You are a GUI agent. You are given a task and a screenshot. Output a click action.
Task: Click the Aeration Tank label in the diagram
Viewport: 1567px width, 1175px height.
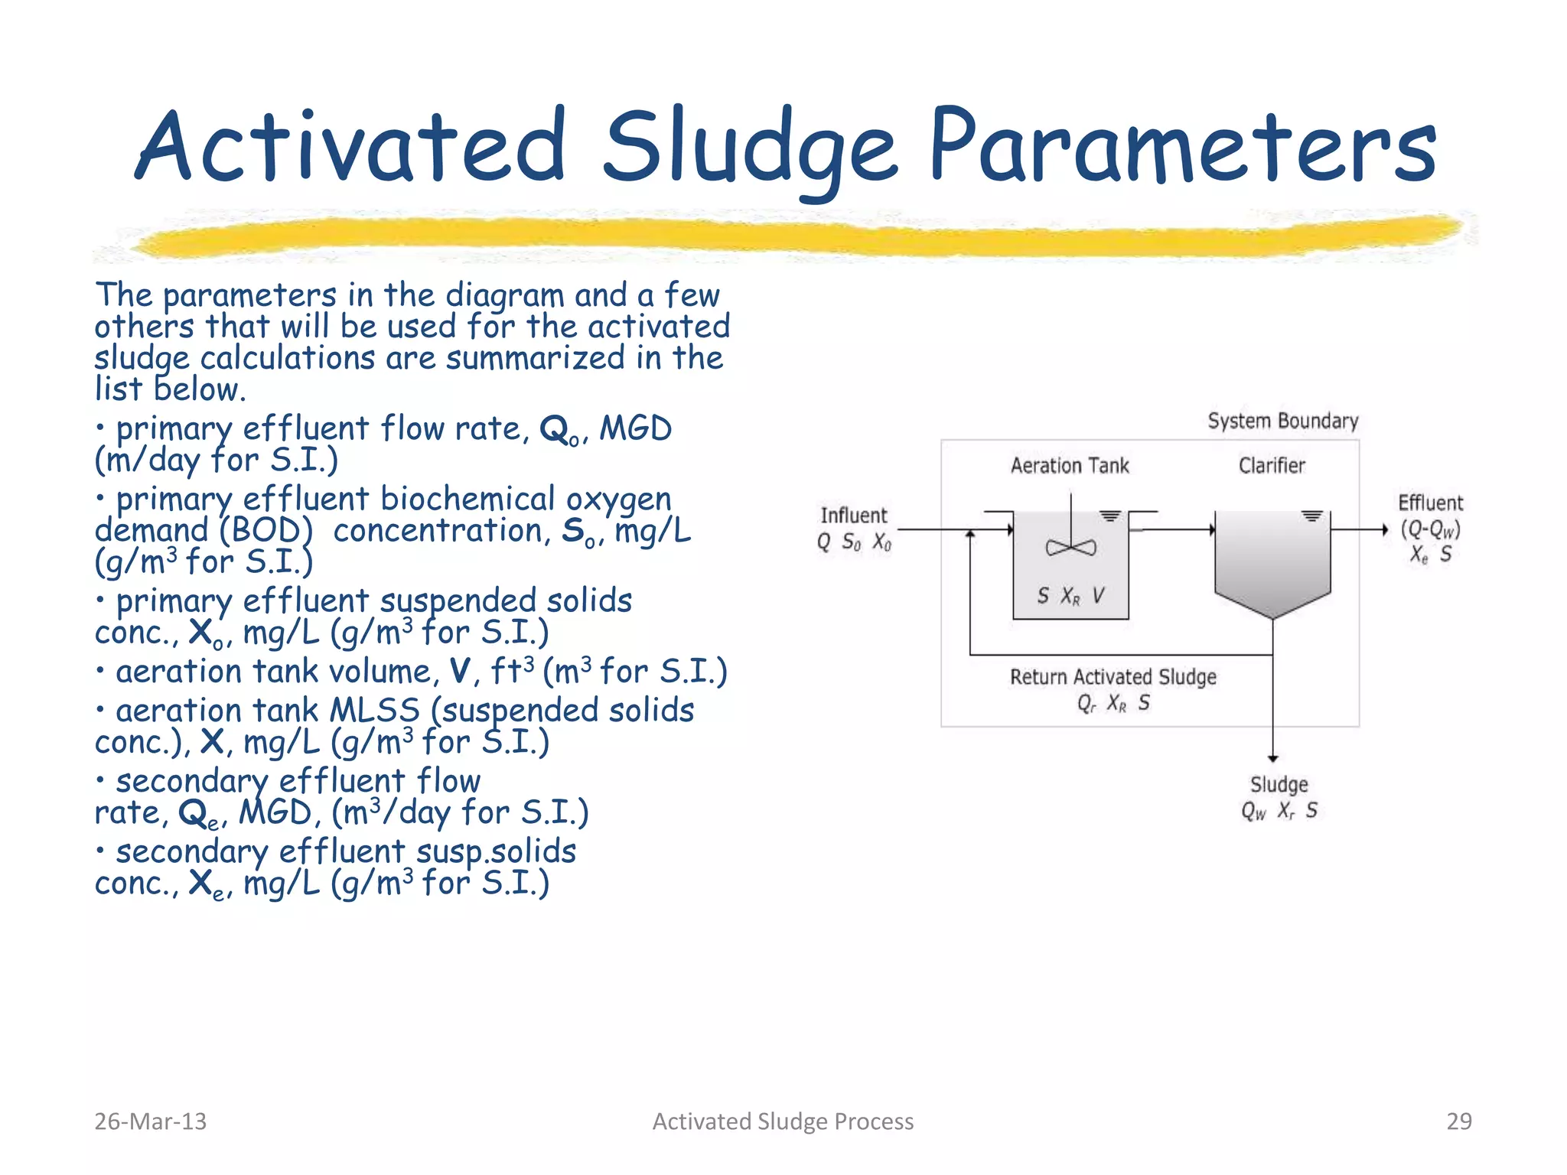tap(1069, 465)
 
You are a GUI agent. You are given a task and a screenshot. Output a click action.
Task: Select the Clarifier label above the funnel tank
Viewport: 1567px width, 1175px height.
tap(1271, 465)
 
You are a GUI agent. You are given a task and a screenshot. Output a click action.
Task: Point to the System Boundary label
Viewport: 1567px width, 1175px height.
tap(1282, 421)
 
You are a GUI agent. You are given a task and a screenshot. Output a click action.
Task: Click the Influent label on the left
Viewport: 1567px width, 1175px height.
tap(853, 515)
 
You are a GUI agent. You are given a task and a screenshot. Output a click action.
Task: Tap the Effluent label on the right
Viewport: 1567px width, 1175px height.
tap(1429, 503)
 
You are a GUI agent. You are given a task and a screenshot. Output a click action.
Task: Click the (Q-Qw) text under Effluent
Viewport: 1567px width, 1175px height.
tap(1430, 529)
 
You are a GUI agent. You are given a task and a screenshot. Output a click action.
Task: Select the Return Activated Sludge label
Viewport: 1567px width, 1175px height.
tap(1113, 676)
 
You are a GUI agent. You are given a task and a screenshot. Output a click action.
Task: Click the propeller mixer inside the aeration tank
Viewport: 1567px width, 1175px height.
tap(1070, 547)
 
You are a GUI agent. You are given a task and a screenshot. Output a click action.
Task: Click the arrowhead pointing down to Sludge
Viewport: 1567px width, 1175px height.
tap(1272, 757)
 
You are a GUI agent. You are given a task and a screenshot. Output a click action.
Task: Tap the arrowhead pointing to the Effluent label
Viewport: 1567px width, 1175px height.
tap(1384, 529)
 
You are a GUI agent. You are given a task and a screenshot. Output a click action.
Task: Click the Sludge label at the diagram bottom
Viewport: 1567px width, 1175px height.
tap(1279, 784)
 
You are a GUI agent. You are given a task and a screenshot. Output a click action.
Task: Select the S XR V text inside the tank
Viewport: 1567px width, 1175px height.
tap(1070, 596)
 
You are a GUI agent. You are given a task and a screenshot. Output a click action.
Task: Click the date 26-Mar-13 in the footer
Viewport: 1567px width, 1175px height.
tap(150, 1121)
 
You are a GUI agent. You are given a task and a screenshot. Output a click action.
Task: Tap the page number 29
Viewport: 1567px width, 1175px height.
tap(1458, 1121)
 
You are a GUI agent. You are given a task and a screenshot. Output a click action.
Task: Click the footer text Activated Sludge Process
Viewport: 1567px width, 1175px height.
tap(783, 1121)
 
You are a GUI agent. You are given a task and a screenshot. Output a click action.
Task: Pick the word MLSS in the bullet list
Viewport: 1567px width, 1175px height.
tap(374, 710)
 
